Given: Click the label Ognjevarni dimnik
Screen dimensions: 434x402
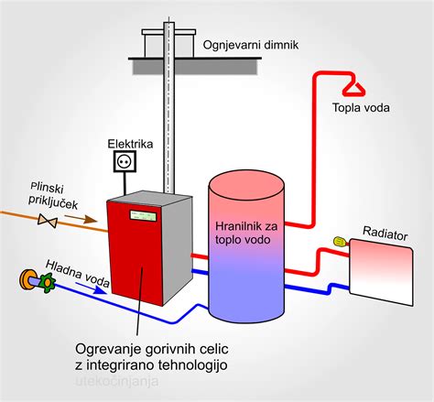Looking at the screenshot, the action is (251, 45).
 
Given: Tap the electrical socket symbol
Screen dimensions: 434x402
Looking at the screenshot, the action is (125, 161).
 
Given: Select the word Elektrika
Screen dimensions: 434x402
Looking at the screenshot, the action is (130, 144).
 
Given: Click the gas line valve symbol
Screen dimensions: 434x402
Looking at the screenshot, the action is (48, 221).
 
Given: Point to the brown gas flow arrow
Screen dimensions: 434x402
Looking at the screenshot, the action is (81, 218).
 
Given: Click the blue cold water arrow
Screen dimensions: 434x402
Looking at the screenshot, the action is (91, 288).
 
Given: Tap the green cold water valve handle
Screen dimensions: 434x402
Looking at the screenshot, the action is (48, 283).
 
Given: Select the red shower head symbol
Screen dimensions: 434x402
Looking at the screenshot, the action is (354, 89).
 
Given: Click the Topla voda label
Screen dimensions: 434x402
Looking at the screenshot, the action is (361, 108).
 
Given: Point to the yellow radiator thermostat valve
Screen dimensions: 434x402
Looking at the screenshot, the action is (341, 242).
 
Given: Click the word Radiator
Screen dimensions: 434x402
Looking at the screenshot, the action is (385, 234).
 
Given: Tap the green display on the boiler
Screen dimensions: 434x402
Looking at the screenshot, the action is (143, 215).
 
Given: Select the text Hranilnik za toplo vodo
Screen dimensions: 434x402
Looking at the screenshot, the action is (245, 233).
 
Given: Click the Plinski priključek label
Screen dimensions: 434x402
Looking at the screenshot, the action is (52, 196).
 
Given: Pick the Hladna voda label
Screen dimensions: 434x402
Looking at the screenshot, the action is (78, 274).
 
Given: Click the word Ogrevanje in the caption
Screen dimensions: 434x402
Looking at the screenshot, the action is (108, 350).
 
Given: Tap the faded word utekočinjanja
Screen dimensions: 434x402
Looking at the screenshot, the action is (116, 382).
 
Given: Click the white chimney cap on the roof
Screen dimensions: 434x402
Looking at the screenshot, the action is (168, 32).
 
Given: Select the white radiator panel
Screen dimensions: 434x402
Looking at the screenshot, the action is (382, 272).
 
